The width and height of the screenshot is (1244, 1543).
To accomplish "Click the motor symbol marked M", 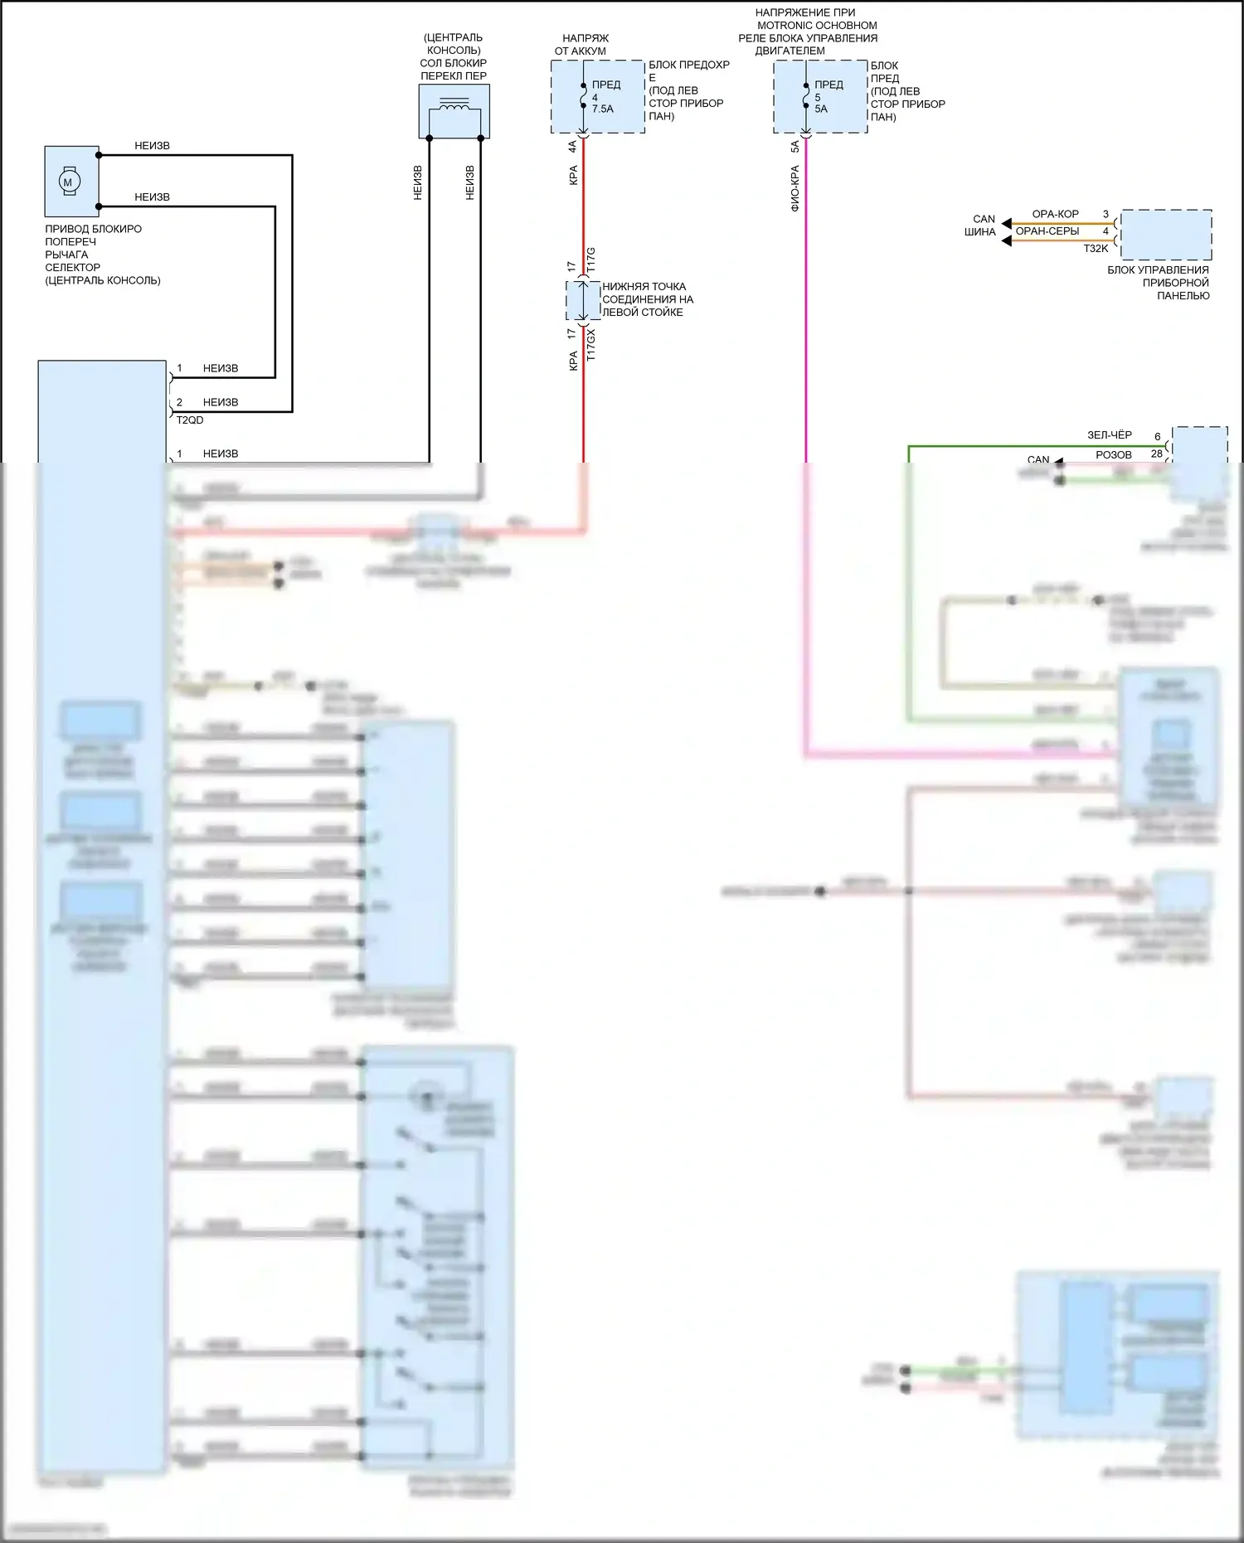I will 68,182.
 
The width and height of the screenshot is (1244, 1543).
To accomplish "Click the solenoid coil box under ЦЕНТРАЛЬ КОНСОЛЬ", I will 454,111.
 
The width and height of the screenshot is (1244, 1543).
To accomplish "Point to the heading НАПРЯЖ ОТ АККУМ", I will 581,45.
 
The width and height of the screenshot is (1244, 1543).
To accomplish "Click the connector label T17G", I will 591,260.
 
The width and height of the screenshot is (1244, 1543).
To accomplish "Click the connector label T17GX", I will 591,344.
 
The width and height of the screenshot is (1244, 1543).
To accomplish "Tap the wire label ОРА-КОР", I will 1055,214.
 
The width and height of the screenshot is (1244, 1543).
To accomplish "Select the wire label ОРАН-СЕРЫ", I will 1047,231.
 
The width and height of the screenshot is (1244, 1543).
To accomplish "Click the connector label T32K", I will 1096,249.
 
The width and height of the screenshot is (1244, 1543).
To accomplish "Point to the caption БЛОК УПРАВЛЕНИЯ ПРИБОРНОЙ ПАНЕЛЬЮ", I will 1159,283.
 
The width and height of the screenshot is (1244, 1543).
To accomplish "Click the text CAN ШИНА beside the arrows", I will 981,226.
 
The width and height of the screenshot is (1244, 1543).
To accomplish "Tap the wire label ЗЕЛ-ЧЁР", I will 1109,435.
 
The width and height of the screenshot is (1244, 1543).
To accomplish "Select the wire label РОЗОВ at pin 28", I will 1113,454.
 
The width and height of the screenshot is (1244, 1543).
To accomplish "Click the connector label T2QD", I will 190,420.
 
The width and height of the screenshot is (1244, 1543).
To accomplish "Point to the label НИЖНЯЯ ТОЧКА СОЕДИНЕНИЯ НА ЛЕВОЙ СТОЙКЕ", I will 647,299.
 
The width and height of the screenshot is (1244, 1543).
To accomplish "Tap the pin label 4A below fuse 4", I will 572,146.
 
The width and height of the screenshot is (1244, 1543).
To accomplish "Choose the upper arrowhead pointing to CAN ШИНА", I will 1007,224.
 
